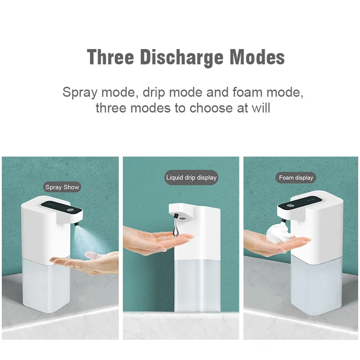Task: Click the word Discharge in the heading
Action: (x=182, y=58)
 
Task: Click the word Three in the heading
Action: (x=110, y=57)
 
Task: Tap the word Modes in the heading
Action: (x=257, y=57)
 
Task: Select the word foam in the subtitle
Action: (x=247, y=92)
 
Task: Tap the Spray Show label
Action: (x=62, y=187)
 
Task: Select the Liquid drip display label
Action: (x=191, y=177)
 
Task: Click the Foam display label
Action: (x=296, y=178)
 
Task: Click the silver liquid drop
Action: (x=176, y=229)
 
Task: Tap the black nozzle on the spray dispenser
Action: (x=76, y=223)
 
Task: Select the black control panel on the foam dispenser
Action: (x=300, y=203)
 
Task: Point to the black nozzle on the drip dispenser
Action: (x=176, y=216)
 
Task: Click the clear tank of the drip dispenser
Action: (x=198, y=286)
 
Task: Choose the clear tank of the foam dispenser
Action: (x=316, y=287)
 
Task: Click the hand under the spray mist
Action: (x=85, y=262)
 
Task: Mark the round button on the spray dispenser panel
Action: (x=70, y=210)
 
